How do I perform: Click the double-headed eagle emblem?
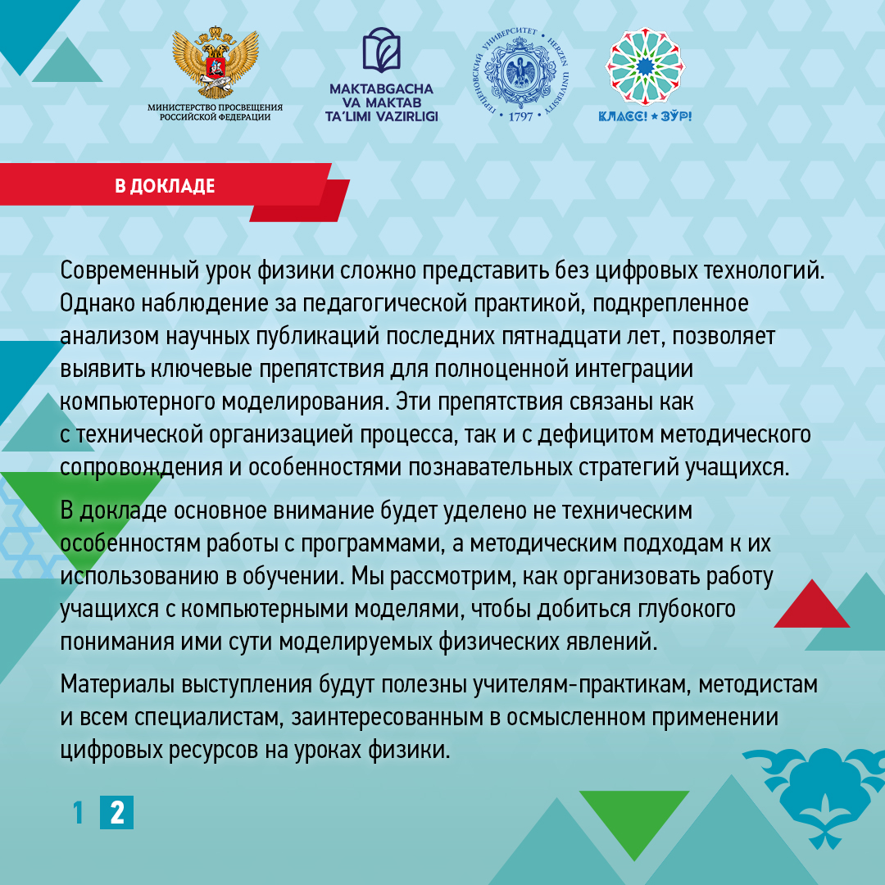[x=215, y=62]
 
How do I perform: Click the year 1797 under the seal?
[x=520, y=117]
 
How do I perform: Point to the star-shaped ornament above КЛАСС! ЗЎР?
[x=645, y=67]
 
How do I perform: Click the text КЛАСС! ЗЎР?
[x=645, y=116]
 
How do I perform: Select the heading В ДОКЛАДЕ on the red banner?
[x=165, y=186]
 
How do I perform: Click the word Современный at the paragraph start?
[x=129, y=270]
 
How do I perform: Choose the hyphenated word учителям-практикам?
[x=583, y=684]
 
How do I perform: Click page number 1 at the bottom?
[x=79, y=812]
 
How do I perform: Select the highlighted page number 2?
[x=117, y=812]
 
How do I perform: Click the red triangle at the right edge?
[x=811, y=605]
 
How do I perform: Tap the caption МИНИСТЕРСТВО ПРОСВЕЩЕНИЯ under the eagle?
[x=215, y=107]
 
